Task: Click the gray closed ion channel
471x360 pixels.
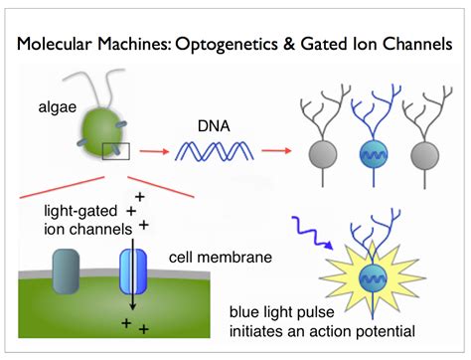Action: tap(67, 271)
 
